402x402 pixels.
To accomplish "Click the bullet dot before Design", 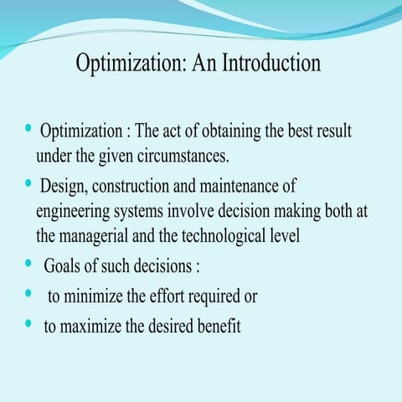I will [x=28, y=183].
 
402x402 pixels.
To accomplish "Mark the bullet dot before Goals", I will [x=28, y=265].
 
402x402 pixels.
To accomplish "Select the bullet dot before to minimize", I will [x=28, y=295].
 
